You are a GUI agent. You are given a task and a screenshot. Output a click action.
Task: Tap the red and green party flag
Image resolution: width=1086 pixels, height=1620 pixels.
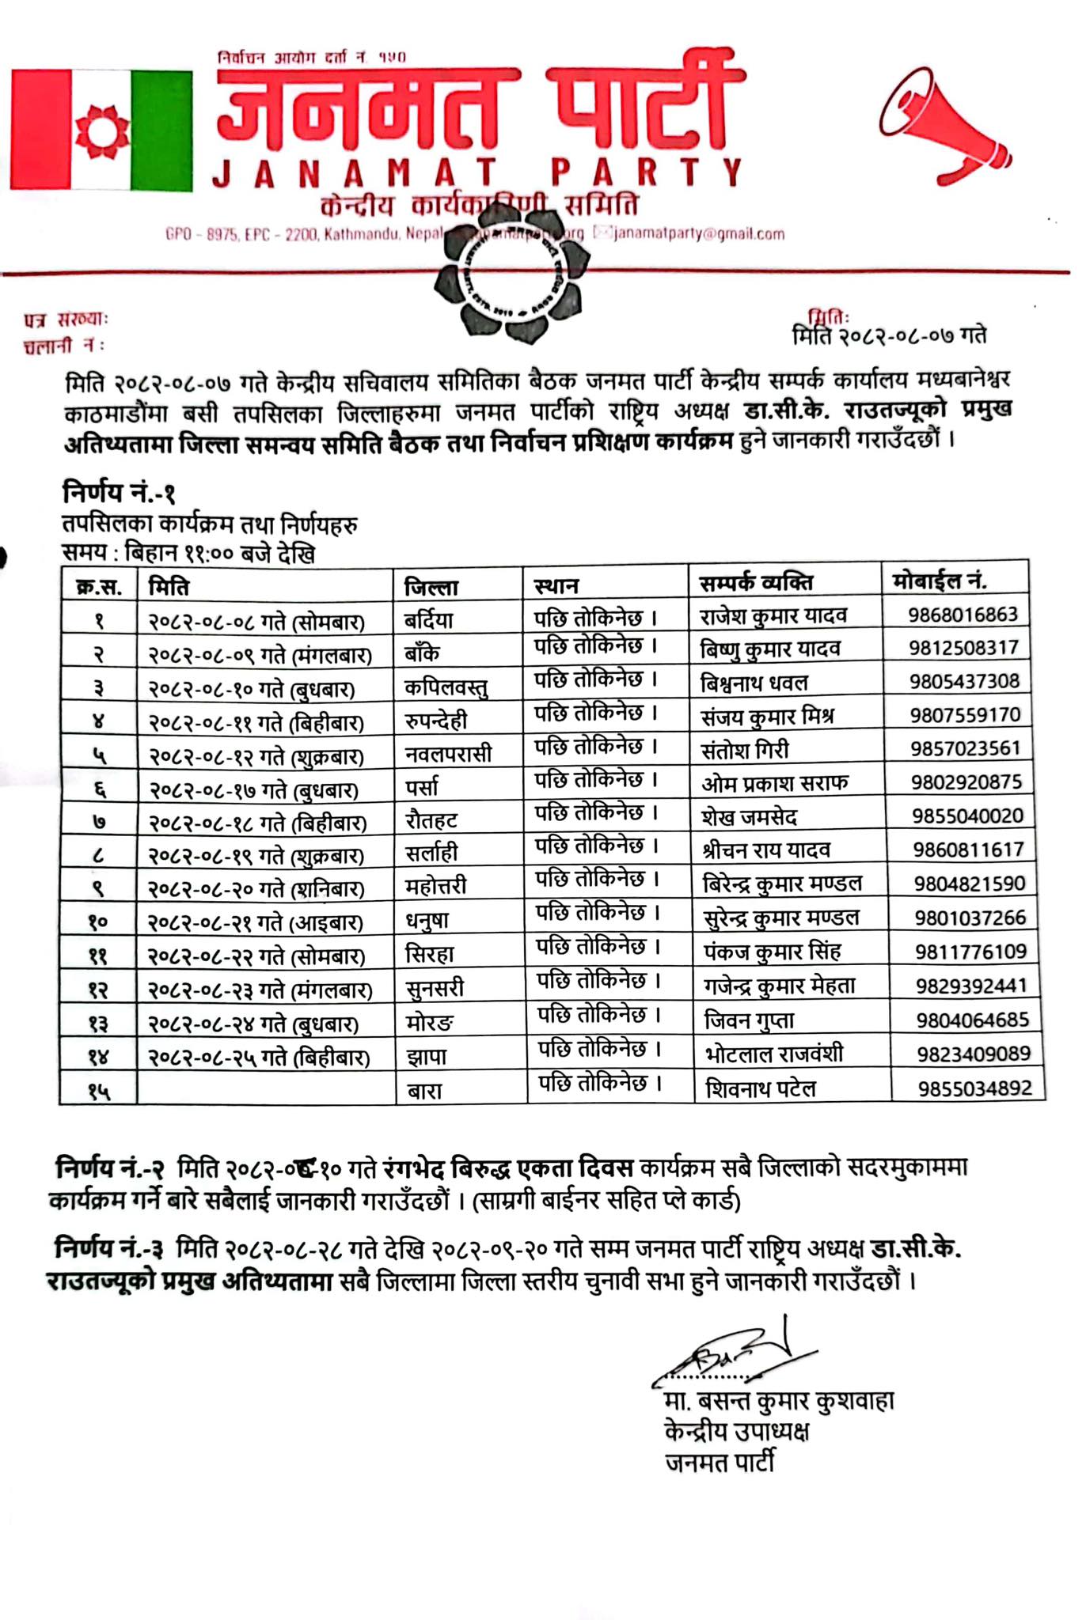click(x=101, y=130)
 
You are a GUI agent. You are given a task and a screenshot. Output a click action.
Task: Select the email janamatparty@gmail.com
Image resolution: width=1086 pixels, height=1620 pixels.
click(x=697, y=233)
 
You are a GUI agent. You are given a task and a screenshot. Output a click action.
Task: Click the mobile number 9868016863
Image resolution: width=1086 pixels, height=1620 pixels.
click(x=963, y=615)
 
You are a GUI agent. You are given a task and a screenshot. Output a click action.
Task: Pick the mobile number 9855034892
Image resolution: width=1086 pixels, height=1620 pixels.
click(x=974, y=1088)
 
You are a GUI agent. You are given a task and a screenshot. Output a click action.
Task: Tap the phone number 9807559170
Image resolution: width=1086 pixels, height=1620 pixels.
click(x=965, y=715)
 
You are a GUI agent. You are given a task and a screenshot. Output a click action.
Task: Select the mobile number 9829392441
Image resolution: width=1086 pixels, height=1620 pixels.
click(x=971, y=986)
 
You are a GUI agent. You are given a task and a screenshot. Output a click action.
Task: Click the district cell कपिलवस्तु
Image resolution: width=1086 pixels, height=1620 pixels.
click(x=446, y=687)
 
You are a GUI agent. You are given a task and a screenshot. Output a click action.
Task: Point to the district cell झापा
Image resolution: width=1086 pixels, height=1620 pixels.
click(x=427, y=1056)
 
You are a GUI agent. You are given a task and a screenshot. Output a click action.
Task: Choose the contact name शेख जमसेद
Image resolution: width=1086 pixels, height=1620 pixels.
click(x=749, y=816)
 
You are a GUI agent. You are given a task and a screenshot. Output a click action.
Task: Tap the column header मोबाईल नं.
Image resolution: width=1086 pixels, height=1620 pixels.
click(x=940, y=581)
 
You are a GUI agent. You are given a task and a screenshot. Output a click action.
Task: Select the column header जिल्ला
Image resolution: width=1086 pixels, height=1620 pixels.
click(x=431, y=587)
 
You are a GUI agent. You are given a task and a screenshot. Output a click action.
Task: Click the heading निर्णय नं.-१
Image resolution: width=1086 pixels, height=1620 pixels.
click(x=120, y=494)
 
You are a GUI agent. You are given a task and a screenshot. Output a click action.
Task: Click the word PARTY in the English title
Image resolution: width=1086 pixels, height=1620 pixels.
click(x=647, y=172)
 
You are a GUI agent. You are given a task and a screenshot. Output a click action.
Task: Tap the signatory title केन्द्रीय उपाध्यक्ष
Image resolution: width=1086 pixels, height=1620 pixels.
click(x=737, y=1432)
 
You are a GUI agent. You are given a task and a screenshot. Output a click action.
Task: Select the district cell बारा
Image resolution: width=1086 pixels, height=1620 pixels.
click(x=424, y=1091)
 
